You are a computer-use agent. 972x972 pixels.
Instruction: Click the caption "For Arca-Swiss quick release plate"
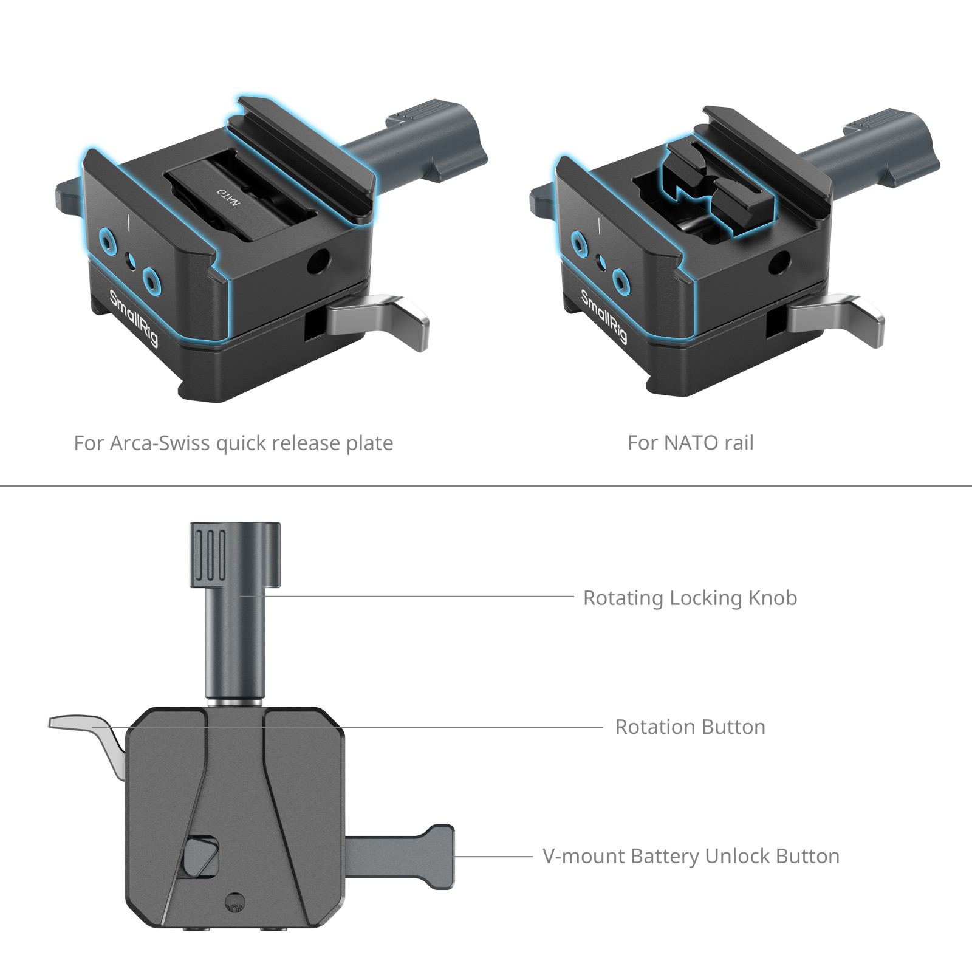tap(233, 443)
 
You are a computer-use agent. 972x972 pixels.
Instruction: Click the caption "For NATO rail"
tap(690, 443)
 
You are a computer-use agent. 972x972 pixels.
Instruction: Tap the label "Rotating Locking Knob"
tap(690, 598)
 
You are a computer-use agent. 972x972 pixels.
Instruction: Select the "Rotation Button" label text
tap(690, 727)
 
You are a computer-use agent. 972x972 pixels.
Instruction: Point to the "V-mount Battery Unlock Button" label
tap(691, 856)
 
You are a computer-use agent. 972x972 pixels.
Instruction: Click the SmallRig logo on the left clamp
tap(134, 317)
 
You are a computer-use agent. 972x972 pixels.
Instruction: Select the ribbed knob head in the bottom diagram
tap(236, 555)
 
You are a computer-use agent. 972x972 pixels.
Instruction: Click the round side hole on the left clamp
tap(317, 262)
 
